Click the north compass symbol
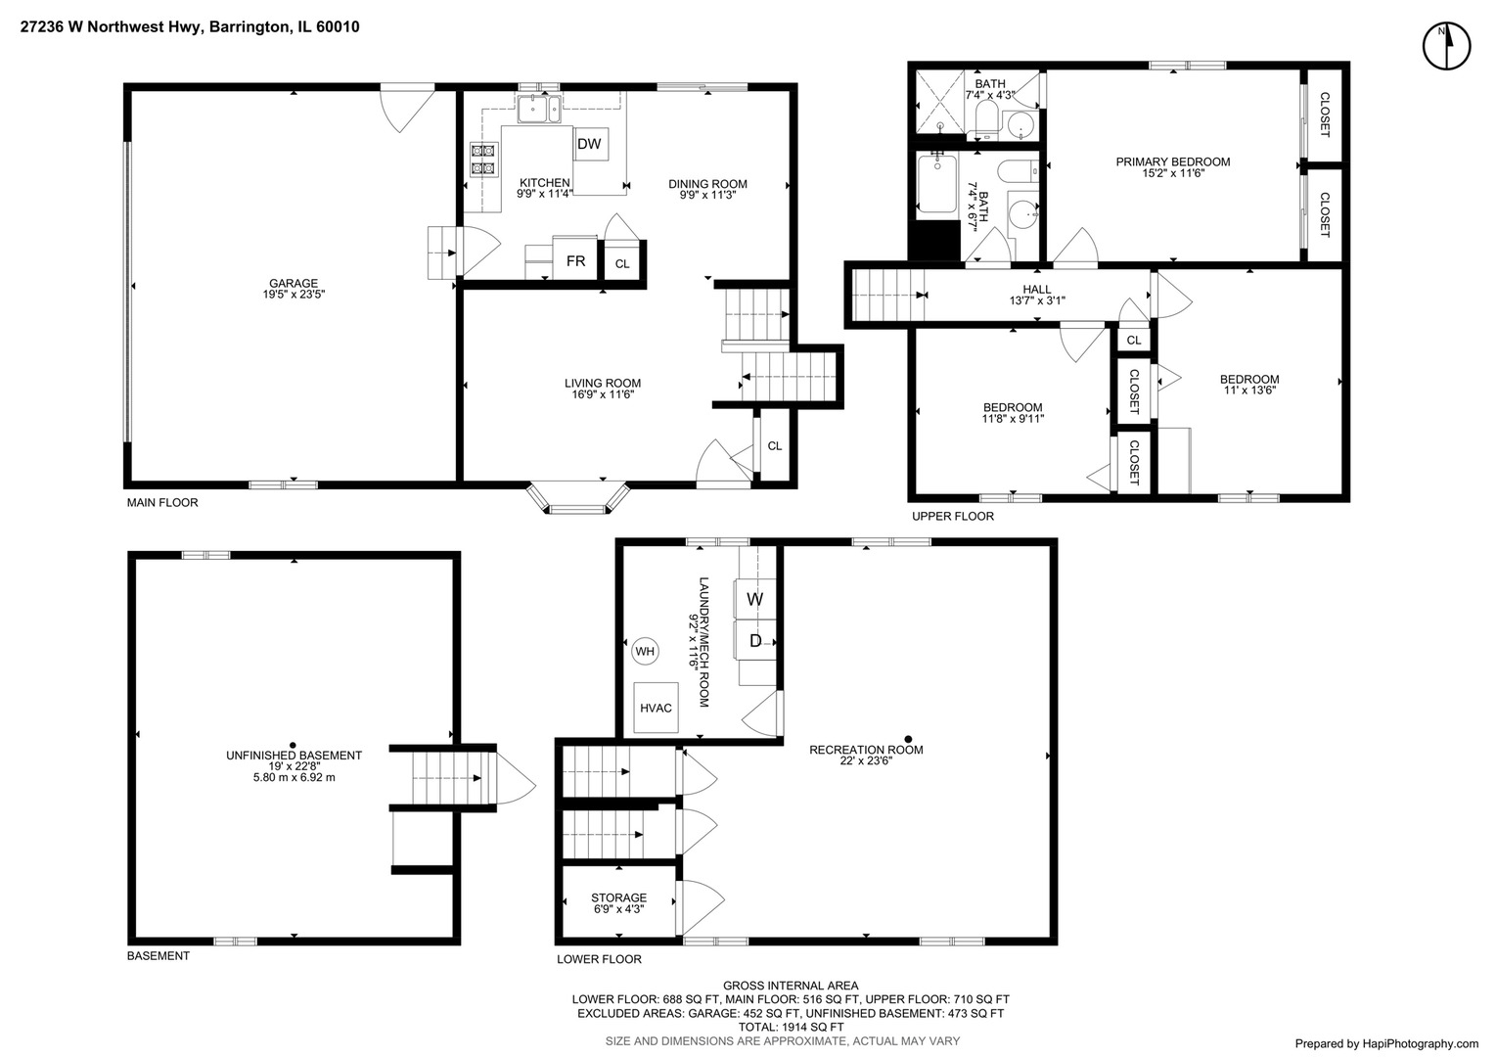pyautogui.click(x=1446, y=46)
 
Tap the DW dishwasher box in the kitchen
pyautogui.click(x=589, y=145)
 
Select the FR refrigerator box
pyautogui.click(x=575, y=260)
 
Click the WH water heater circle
pyautogui.click(x=645, y=651)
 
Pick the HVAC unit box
pyautogui.click(x=656, y=708)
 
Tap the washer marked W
pyautogui.click(x=755, y=598)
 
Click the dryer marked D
pyautogui.click(x=755, y=641)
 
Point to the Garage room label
pyautogui.click(x=294, y=284)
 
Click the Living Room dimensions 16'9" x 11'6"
pyautogui.click(x=602, y=394)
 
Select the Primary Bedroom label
pyautogui.click(x=1173, y=161)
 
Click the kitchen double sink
pyautogui.click(x=539, y=109)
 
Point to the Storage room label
pyautogui.click(x=618, y=897)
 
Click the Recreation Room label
pyautogui.click(x=866, y=750)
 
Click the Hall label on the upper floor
pyautogui.click(x=1037, y=289)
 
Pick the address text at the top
pyautogui.click(x=189, y=27)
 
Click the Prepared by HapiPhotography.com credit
pyautogui.click(x=1386, y=1043)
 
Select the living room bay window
pyautogui.click(x=577, y=498)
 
